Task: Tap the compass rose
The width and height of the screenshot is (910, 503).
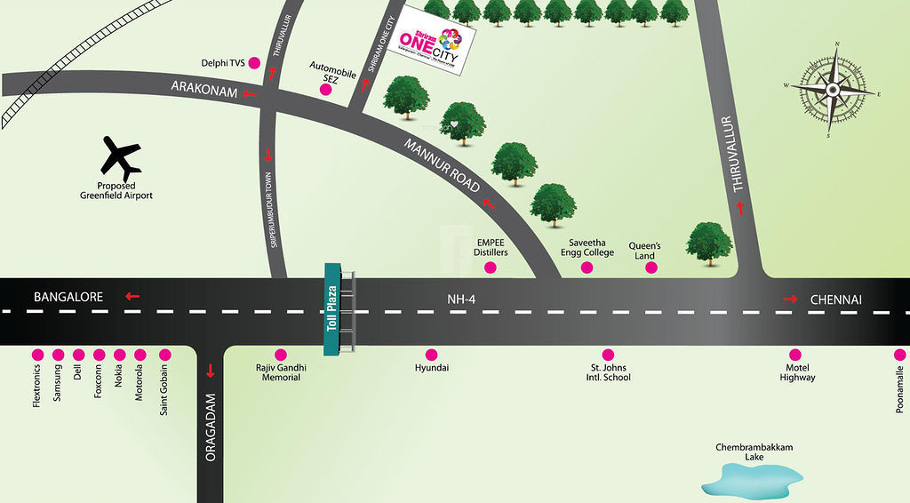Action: pyautogui.click(x=833, y=89)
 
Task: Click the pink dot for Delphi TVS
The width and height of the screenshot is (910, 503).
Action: pyautogui.click(x=253, y=63)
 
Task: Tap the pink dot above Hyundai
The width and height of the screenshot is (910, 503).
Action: pyautogui.click(x=432, y=354)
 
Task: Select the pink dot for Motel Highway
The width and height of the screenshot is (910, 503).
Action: pyautogui.click(x=794, y=354)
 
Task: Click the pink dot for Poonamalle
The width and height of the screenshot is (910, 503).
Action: pyautogui.click(x=900, y=355)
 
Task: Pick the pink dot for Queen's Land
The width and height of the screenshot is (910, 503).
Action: pyautogui.click(x=651, y=267)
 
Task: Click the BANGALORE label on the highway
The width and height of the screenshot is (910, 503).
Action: pyautogui.click(x=68, y=297)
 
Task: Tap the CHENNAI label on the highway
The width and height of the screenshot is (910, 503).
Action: pyautogui.click(x=836, y=300)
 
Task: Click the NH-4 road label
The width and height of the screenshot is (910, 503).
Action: pyautogui.click(x=462, y=300)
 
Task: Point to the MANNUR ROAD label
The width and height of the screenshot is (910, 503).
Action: pyautogui.click(x=442, y=166)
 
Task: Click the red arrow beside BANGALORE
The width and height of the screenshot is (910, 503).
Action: pyautogui.click(x=132, y=297)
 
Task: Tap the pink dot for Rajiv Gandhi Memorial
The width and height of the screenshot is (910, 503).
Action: pyautogui.click(x=281, y=354)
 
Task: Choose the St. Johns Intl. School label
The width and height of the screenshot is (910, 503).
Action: pyautogui.click(x=608, y=371)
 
